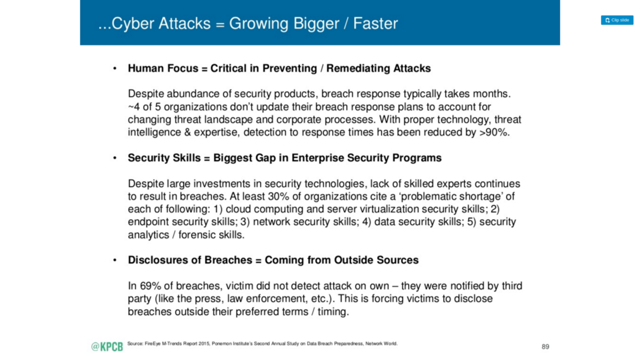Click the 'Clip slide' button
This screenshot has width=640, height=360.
617,20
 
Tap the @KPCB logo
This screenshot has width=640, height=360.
107,347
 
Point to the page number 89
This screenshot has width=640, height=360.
545,347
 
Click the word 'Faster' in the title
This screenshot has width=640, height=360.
375,23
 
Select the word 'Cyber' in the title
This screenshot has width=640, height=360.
133,23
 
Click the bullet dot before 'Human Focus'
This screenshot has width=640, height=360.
115,68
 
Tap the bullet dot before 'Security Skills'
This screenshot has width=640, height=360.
115,158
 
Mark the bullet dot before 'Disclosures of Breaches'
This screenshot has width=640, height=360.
115,260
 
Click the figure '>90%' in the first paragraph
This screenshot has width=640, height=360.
493,132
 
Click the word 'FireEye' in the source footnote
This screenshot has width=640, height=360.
153,343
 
